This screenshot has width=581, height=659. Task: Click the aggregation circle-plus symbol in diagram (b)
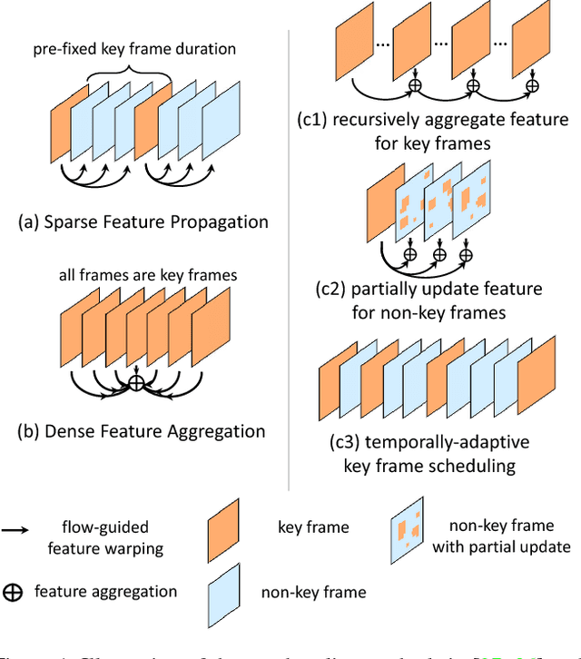coord(135,383)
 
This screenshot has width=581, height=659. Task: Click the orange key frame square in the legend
coord(225,525)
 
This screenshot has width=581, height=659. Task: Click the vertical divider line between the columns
coord(290,245)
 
